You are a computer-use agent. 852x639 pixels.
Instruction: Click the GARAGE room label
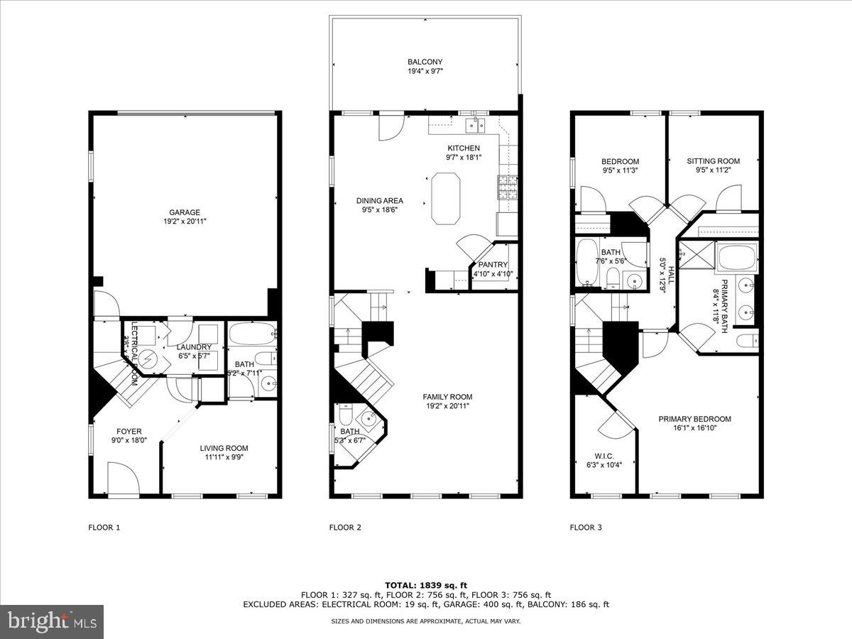pyautogui.click(x=184, y=212)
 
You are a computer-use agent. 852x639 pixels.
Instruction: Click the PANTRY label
pyautogui.click(x=493, y=265)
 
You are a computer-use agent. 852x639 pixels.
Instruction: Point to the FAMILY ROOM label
pyautogui.click(x=447, y=397)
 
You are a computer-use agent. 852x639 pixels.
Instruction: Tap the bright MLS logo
pyautogui.click(x=52, y=622)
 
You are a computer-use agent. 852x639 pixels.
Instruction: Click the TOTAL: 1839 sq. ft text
pyautogui.click(x=425, y=585)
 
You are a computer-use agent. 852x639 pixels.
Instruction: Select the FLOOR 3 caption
pyautogui.click(x=586, y=528)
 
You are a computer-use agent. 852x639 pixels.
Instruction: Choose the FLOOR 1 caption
pyautogui.click(x=104, y=528)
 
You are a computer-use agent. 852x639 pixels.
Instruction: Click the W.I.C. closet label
pyautogui.click(x=603, y=456)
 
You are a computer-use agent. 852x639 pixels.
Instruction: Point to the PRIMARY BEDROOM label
pyautogui.click(x=694, y=419)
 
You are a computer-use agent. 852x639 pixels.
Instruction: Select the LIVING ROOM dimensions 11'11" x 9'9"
pyautogui.click(x=224, y=458)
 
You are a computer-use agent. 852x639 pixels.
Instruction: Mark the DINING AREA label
pyautogui.click(x=379, y=201)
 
